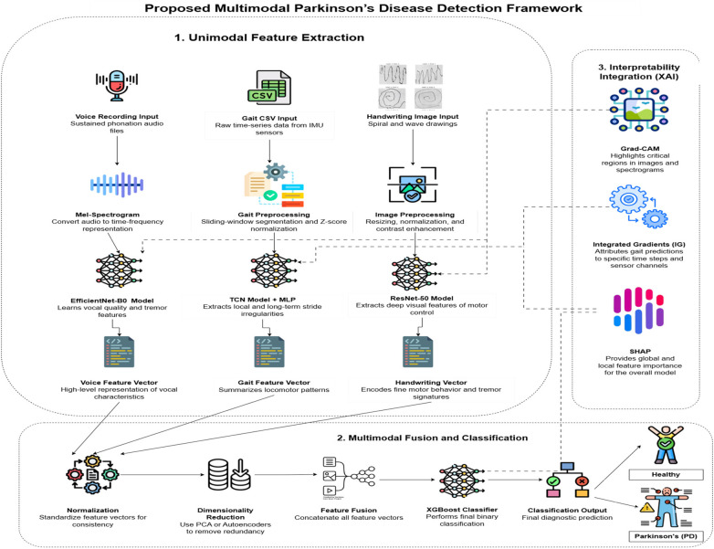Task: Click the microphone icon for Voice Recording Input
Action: (x=117, y=86)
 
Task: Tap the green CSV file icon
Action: (x=269, y=88)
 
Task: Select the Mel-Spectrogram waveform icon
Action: (x=117, y=185)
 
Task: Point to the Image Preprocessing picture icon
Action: (x=413, y=185)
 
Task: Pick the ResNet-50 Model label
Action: (x=422, y=298)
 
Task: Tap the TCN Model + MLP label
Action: (x=262, y=300)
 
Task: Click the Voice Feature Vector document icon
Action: (x=120, y=352)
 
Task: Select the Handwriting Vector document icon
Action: (x=418, y=352)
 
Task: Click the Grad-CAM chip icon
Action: (x=639, y=111)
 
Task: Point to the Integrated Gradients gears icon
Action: (x=638, y=206)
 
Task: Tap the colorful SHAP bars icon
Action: (x=639, y=310)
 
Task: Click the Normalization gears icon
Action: (x=92, y=474)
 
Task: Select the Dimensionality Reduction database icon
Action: (x=229, y=474)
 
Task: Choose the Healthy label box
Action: (x=666, y=475)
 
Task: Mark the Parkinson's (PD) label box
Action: (x=666, y=536)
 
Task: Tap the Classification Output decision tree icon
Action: (x=567, y=480)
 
